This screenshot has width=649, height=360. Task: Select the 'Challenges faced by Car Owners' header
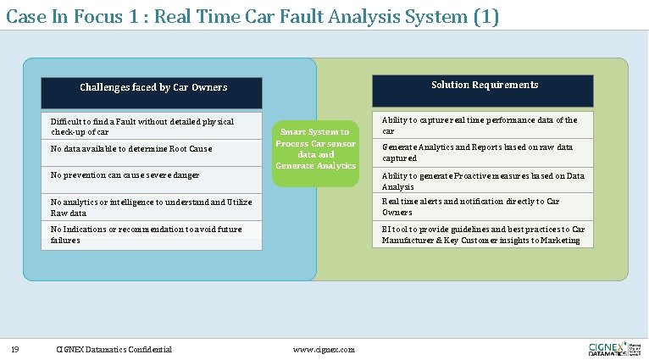(x=153, y=87)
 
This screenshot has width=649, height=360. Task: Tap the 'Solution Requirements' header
(x=485, y=85)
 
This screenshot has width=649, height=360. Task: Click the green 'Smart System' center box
(x=316, y=149)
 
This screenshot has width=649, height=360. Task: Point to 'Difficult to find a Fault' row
(x=142, y=126)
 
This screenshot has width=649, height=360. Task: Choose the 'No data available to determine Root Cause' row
(x=131, y=149)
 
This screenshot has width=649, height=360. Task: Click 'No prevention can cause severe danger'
(x=125, y=175)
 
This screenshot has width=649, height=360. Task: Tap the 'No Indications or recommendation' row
(x=146, y=235)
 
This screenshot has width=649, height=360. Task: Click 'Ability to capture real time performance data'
(x=480, y=125)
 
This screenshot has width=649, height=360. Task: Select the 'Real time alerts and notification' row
(x=470, y=207)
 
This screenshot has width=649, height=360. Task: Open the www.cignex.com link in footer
(x=324, y=349)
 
